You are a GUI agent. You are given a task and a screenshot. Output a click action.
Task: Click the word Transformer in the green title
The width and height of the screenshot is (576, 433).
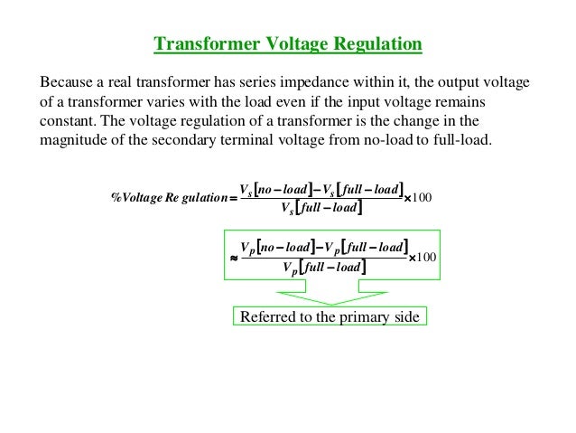tap(196, 44)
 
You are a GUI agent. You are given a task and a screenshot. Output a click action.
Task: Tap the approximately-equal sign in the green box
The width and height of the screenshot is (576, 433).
tap(235, 257)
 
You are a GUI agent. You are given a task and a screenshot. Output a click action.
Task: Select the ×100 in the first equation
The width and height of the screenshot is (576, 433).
tap(421, 199)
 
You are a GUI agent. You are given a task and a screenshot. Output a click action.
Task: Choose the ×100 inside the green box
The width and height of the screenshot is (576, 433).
tap(423, 257)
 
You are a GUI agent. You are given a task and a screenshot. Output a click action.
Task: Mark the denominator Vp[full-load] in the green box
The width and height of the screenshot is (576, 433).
tap(322, 268)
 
